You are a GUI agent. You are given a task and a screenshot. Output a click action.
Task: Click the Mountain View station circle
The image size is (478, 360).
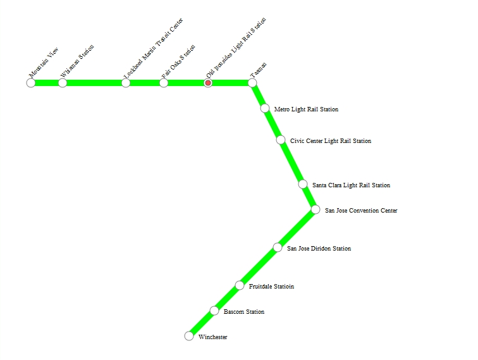click(x=31, y=83)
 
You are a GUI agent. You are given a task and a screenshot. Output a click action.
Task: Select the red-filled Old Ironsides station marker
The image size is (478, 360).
click(x=208, y=83)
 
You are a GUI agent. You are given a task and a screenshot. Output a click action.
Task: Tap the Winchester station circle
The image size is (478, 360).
click(x=189, y=336)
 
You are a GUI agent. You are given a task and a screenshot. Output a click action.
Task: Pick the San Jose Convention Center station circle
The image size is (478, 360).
click(x=316, y=209)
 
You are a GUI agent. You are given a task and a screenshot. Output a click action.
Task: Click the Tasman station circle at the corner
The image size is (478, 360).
click(x=252, y=83)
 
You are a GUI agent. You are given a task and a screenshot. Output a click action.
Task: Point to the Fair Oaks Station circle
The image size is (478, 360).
click(x=164, y=83)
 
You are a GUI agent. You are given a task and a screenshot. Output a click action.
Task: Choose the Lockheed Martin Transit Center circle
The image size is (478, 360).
click(x=126, y=83)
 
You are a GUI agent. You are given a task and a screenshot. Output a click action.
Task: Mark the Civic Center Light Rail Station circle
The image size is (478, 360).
click(x=281, y=140)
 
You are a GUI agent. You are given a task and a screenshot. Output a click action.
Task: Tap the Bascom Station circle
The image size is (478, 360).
click(x=214, y=311)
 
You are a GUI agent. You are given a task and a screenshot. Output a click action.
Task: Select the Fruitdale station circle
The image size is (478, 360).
click(x=240, y=285)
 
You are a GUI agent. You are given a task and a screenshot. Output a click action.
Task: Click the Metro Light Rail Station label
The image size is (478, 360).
click(x=306, y=109)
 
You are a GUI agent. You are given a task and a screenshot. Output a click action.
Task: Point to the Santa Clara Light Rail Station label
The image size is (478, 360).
click(x=351, y=185)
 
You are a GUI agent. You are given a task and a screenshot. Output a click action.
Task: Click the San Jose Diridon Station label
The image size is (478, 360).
click(x=319, y=249)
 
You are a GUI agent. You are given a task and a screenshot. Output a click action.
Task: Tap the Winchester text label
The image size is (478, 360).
click(x=212, y=337)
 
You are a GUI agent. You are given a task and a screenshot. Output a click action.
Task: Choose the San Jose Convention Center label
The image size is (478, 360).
click(x=361, y=211)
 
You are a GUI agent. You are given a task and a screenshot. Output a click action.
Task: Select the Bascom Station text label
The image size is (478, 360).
click(x=244, y=312)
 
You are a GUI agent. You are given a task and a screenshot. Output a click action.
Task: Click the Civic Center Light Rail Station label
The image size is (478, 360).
click(x=331, y=141)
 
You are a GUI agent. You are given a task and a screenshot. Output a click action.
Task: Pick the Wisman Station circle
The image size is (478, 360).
click(x=63, y=83)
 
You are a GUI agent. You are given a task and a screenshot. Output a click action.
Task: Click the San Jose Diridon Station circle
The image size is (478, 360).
click(x=278, y=247)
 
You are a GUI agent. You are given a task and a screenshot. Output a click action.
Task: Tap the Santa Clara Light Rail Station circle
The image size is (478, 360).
click(x=303, y=184)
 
